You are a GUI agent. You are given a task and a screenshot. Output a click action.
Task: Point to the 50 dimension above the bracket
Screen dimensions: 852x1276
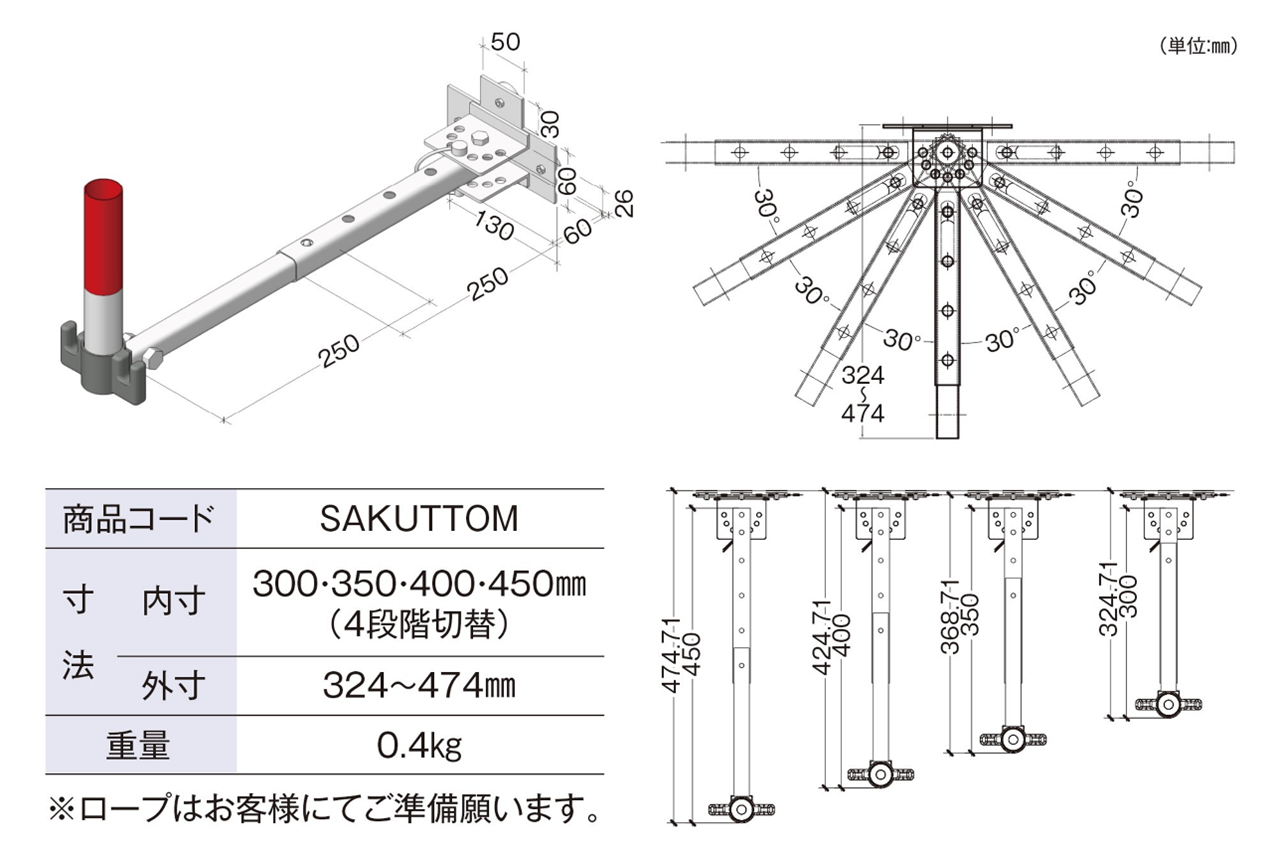coord(506,41)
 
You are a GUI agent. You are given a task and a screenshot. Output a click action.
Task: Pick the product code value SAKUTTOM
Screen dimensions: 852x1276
coord(419,519)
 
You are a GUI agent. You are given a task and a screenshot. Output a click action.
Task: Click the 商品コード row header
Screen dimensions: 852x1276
coord(139,519)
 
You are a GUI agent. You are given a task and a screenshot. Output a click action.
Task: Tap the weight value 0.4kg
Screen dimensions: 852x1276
coord(419,745)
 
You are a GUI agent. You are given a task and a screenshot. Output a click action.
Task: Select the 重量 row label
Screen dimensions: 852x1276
coord(139,745)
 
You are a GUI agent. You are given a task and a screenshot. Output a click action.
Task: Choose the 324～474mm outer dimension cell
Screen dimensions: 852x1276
coord(419,686)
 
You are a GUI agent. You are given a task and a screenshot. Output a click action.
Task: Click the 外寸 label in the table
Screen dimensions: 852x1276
coord(175,686)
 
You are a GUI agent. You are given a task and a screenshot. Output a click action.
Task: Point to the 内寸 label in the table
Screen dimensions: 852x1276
coord(175,601)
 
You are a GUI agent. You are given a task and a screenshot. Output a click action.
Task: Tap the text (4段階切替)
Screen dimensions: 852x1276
coord(419,625)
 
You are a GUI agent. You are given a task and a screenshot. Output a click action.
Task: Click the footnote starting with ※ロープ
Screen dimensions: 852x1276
coord(325,806)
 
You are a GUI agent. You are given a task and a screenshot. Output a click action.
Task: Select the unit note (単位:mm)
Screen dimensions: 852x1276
coord(1199,45)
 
